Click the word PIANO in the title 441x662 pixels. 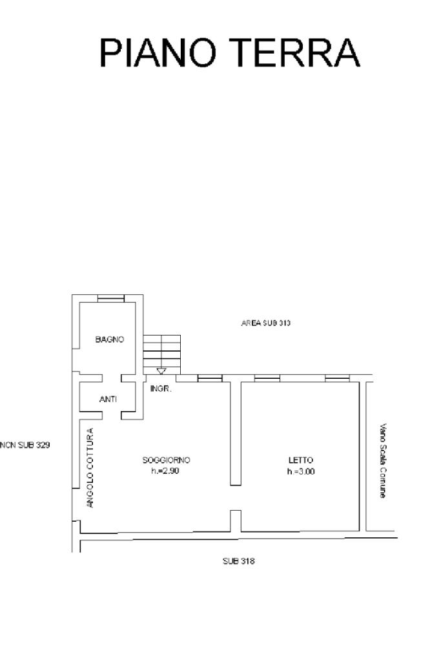tap(158, 53)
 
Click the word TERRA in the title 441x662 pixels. tap(296, 53)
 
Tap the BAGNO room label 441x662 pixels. tap(110, 339)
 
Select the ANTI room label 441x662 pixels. tap(108, 399)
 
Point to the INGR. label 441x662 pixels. tap(161, 389)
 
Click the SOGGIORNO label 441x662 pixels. tap(166, 460)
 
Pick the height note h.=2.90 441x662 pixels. tap(165, 471)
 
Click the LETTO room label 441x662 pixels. tap(301, 460)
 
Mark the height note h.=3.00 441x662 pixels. tap(301, 471)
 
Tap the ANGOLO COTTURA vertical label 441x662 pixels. tap(90, 468)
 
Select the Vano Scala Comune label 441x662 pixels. tap(382, 460)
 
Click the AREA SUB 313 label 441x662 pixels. tap(265, 323)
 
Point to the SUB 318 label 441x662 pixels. tap(238, 561)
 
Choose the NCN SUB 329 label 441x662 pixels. tap(25, 445)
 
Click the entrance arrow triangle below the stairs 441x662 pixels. tap(161, 371)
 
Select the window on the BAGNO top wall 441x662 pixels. tap(111, 299)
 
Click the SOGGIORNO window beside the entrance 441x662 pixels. tap(210, 378)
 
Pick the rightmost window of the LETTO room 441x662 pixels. tap(337, 378)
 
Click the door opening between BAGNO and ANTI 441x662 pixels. tap(112, 378)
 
